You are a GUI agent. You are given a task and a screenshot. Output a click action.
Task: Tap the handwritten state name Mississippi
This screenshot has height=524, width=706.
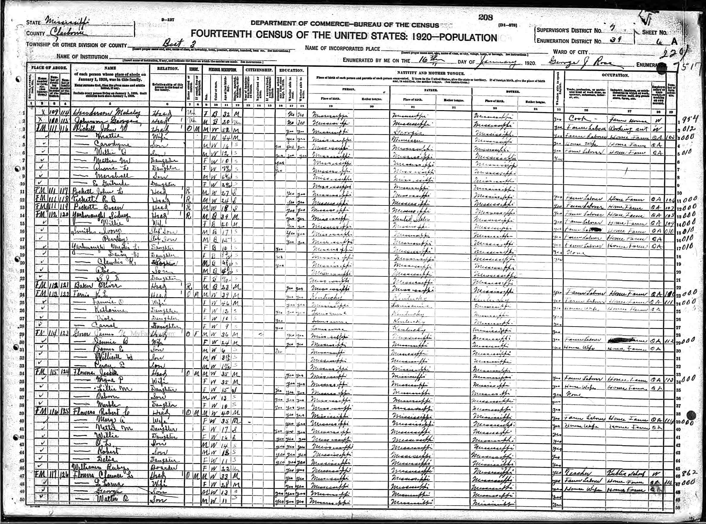tap(67, 22)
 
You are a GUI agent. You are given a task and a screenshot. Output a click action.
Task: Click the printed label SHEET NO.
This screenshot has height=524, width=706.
tap(654, 32)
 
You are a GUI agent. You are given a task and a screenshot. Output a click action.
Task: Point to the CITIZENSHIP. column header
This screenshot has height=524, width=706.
tap(259, 70)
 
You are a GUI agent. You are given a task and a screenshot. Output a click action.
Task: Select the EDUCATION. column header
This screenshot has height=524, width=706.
tap(291, 70)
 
